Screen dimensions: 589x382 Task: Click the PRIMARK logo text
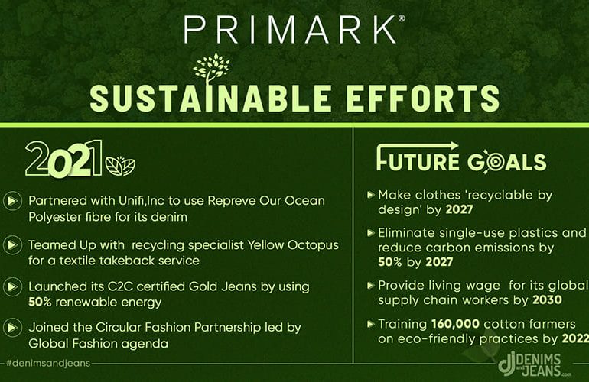(x=290, y=29)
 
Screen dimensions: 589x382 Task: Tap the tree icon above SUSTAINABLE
(x=211, y=70)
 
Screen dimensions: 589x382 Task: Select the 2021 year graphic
(x=63, y=159)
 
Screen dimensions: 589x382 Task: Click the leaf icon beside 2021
(x=120, y=166)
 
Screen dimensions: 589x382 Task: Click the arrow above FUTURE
(x=417, y=147)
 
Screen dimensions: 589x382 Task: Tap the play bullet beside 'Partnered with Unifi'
(x=12, y=201)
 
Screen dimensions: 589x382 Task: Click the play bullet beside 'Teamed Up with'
(x=12, y=245)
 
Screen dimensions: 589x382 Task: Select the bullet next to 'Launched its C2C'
(x=12, y=286)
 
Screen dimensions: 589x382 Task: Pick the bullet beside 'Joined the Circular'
(x=12, y=328)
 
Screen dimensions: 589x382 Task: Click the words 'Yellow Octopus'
(x=293, y=245)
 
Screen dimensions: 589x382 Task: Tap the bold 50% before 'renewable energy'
(x=40, y=302)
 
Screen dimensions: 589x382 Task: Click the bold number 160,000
(x=456, y=324)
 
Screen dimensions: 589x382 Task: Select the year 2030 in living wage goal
(x=547, y=299)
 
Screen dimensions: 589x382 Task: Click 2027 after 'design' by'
(x=460, y=209)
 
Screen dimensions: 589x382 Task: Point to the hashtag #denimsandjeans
(x=48, y=363)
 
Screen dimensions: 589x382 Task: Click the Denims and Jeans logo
(x=534, y=364)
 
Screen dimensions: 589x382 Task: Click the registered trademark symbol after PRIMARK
(x=401, y=18)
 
